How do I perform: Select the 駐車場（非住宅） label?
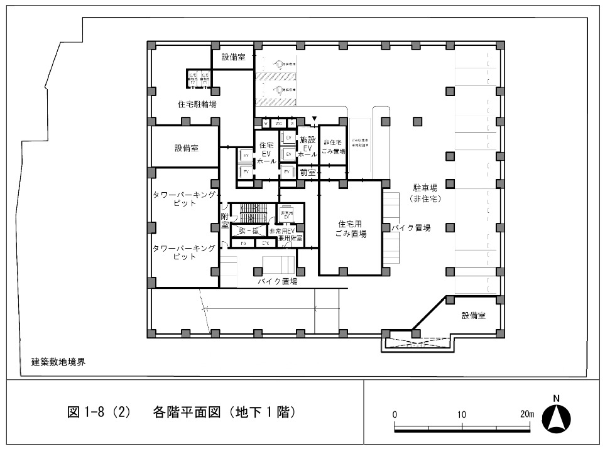pos(425,193)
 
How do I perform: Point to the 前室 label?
pos(307,171)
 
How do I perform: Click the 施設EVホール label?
pos(307,146)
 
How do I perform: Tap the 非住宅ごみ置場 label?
pos(333,147)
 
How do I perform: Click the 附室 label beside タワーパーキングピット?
pos(224,222)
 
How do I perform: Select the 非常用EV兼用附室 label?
pos(286,235)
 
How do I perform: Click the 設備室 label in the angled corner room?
pos(474,316)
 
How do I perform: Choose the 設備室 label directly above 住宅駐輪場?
pos(232,57)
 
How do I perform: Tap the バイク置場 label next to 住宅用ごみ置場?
pos(412,229)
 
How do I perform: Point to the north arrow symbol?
pos(556,416)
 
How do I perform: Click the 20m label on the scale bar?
pos(526,414)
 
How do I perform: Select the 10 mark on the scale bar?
pos(462,414)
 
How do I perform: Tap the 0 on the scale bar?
pos(395,414)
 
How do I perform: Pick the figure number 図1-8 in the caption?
pos(90,413)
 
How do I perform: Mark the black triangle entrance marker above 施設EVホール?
pos(315,119)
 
